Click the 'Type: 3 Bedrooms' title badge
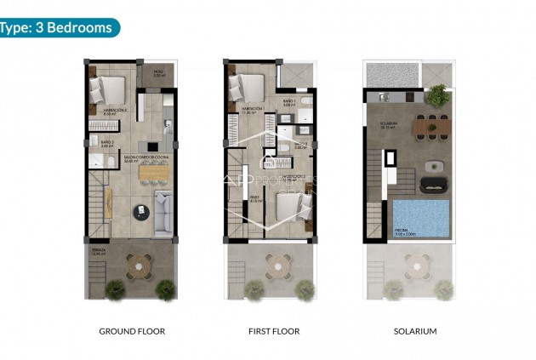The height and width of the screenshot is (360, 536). [x=58, y=27]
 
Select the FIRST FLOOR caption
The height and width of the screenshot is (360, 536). [x=272, y=331]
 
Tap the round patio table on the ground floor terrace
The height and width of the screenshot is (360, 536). [x=139, y=267]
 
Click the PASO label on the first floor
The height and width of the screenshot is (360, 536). [x=254, y=199]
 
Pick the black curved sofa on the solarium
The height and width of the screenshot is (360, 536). [x=433, y=182]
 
